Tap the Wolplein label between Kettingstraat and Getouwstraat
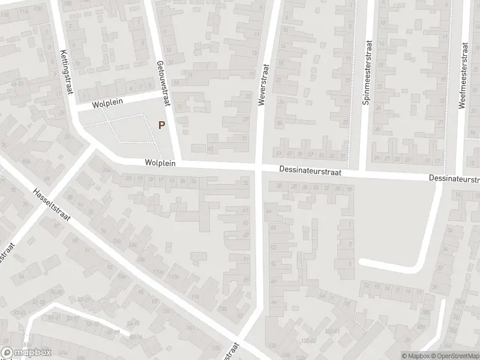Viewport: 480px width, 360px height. coord(108,103)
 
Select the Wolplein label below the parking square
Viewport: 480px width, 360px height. coord(158,163)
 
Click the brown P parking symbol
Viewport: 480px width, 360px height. coord(161,125)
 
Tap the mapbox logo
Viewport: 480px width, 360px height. coord(26,353)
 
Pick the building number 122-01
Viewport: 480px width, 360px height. coord(332,331)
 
